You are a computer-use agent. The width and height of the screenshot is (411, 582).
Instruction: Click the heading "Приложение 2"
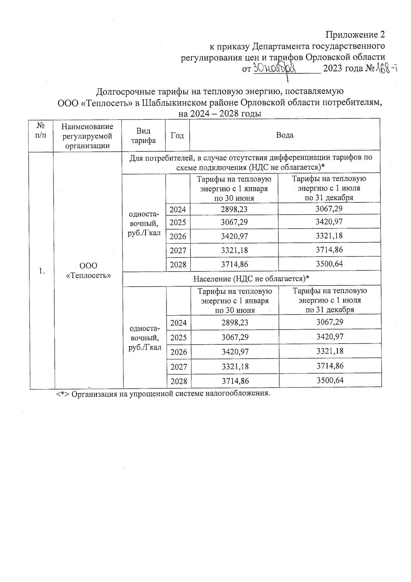[355, 35]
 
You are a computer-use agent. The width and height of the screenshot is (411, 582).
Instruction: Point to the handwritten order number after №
[386, 69]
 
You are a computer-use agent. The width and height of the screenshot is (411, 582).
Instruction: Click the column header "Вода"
[285, 135]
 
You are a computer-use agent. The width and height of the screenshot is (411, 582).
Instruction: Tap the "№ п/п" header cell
[41, 130]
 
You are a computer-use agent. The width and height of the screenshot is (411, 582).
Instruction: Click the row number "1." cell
[41, 271]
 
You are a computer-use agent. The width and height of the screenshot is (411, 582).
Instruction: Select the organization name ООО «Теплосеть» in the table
[88, 270]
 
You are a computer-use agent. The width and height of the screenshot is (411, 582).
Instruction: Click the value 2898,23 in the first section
[234, 209]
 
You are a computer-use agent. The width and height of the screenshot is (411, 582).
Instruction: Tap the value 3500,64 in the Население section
[330, 380]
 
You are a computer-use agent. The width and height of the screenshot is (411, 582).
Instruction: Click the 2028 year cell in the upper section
[178, 264]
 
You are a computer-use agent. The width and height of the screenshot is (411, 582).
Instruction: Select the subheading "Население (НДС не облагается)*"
[251, 278]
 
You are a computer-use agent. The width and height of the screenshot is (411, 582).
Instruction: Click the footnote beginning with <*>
[163, 393]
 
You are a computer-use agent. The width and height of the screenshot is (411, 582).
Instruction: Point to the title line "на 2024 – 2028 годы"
[220, 114]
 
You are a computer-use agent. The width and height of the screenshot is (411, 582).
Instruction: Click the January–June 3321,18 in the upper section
[234, 250]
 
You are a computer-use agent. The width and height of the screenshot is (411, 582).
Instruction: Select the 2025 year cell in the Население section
[178, 337]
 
